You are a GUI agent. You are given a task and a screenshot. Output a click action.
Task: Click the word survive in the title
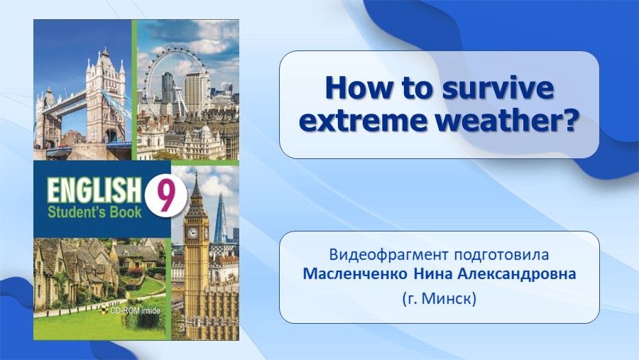tap(498, 88)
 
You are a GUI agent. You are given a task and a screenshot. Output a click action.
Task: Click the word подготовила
tap(502, 255)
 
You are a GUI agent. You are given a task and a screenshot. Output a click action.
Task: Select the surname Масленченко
tap(355, 273)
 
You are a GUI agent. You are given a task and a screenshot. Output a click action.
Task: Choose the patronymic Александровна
tap(517, 273)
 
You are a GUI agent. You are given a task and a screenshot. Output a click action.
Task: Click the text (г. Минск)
tap(439, 298)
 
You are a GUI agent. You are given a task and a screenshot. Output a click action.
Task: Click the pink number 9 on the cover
tap(165, 196)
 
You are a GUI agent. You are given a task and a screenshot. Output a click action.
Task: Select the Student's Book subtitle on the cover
tap(94, 212)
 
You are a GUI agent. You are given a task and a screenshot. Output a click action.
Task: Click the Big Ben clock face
tap(192, 233)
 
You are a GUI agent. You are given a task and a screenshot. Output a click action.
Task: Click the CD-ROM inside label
tap(131, 311)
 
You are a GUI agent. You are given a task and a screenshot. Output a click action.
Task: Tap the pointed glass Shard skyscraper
tap(221, 219)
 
